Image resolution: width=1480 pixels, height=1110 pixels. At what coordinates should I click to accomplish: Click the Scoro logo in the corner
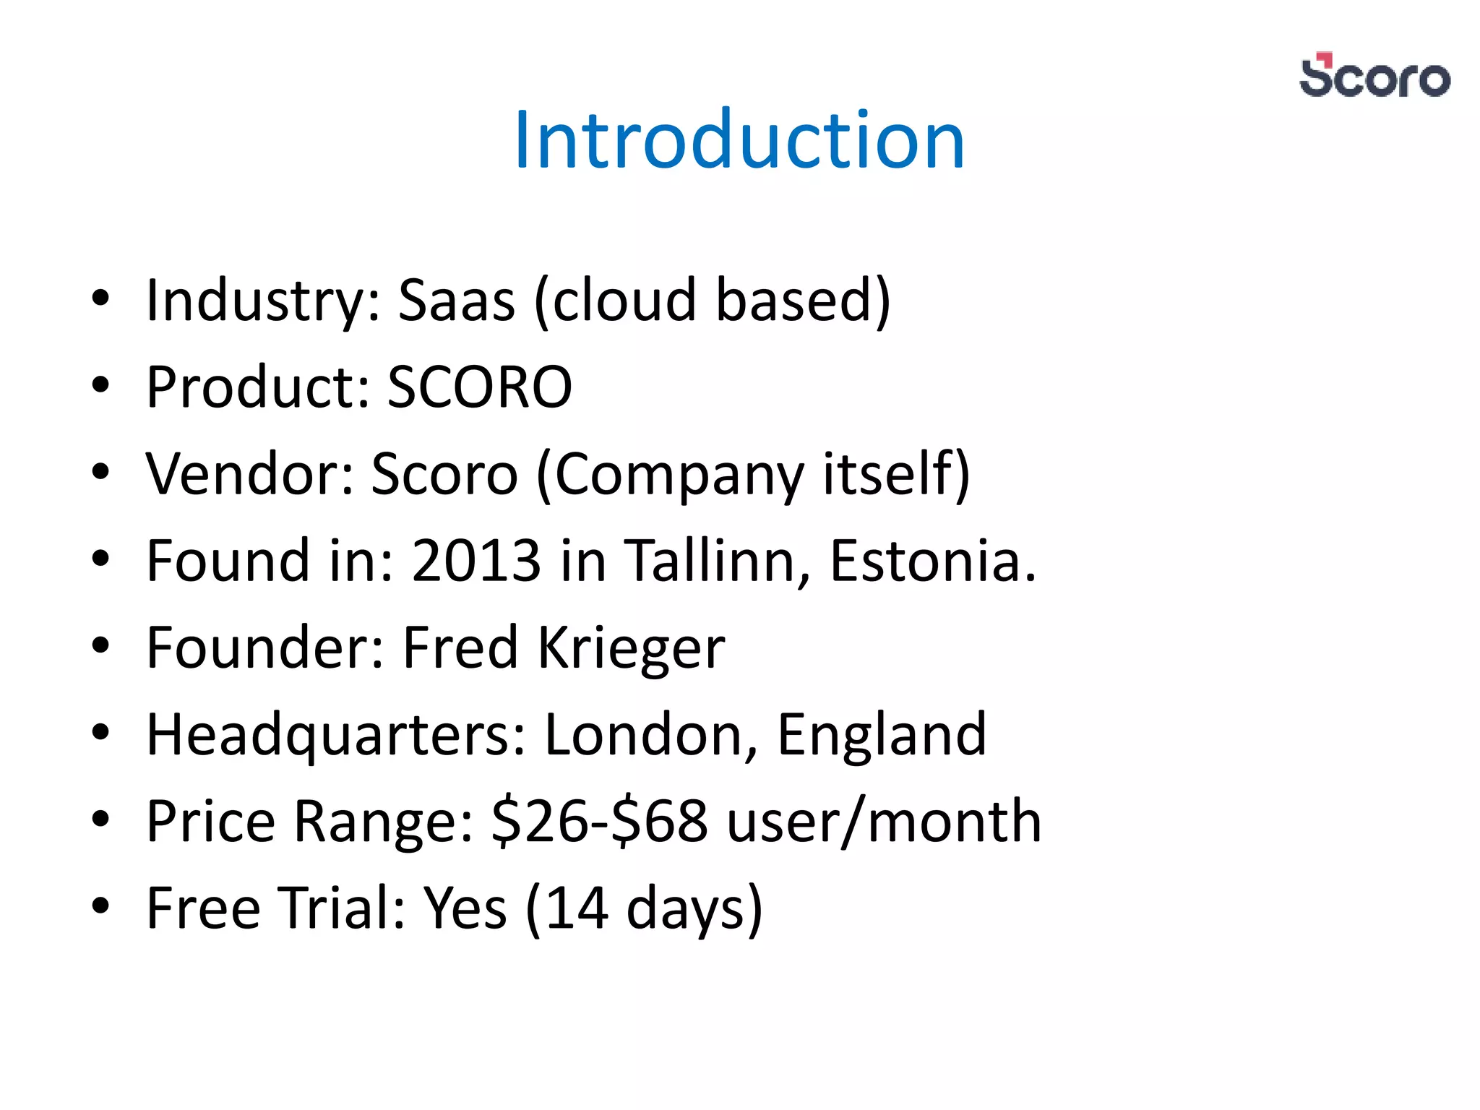point(1374,76)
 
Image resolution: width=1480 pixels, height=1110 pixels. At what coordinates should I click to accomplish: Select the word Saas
point(456,300)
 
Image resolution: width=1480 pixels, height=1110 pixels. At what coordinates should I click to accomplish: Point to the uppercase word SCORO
point(479,387)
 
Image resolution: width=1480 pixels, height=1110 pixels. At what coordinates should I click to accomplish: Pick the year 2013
point(476,561)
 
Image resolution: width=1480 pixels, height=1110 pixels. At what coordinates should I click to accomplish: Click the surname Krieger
point(631,647)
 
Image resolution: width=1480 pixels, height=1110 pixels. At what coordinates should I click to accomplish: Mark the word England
point(882,735)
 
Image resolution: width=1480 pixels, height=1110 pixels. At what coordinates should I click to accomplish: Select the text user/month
point(884,822)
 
